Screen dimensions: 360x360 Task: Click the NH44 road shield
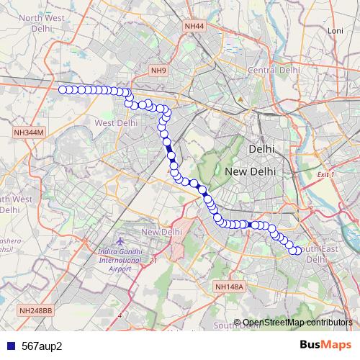(x=194, y=26)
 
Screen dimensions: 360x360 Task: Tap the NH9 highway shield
(x=158, y=70)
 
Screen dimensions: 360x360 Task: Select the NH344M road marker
(x=29, y=132)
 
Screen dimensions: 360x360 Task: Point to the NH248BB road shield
(x=36, y=310)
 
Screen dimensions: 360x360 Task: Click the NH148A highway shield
(x=230, y=287)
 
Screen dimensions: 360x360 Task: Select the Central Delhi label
(x=273, y=70)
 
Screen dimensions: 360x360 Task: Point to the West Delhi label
(x=115, y=123)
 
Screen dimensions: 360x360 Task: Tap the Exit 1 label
(x=326, y=175)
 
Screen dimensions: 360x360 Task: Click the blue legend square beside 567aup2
(x=8, y=346)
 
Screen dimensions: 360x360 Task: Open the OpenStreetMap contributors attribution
(x=297, y=322)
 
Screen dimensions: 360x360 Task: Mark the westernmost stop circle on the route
(x=62, y=89)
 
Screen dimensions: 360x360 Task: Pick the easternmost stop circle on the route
(x=299, y=251)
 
